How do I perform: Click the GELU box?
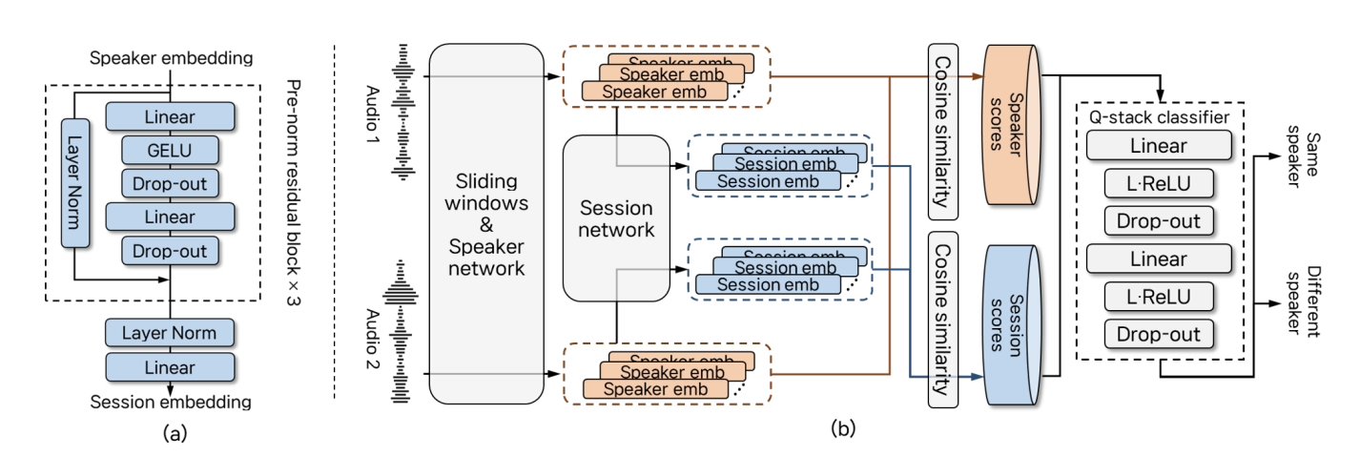(x=170, y=150)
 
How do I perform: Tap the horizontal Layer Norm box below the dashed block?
(x=169, y=333)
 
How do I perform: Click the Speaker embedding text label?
(x=172, y=58)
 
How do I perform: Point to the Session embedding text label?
(x=170, y=402)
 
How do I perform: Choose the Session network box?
(x=617, y=218)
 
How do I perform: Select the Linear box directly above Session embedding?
(x=169, y=367)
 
